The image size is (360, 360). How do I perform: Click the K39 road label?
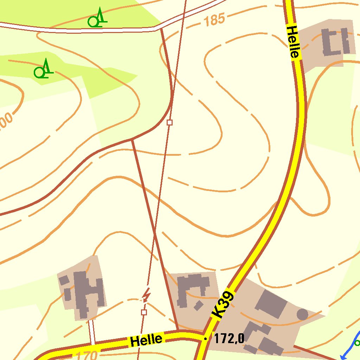(x=223, y=304)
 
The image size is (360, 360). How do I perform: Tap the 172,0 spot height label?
(x=229, y=339)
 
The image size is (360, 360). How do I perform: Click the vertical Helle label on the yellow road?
(x=293, y=41)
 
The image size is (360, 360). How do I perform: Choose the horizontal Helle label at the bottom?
(x=146, y=340)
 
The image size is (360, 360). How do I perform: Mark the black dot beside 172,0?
(x=205, y=339)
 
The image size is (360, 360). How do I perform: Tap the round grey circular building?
(x=302, y=314)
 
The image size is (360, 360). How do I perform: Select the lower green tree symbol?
(x=43, y=69)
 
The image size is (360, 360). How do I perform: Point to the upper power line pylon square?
(x=170, y=122)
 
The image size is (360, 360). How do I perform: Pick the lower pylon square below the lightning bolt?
(x=143, y=312)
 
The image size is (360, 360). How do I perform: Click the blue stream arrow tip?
(x=342, y=358)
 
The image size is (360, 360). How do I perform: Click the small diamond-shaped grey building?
(x=198, y=305)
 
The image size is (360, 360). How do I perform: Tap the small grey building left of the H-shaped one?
(x=64, y=281)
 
